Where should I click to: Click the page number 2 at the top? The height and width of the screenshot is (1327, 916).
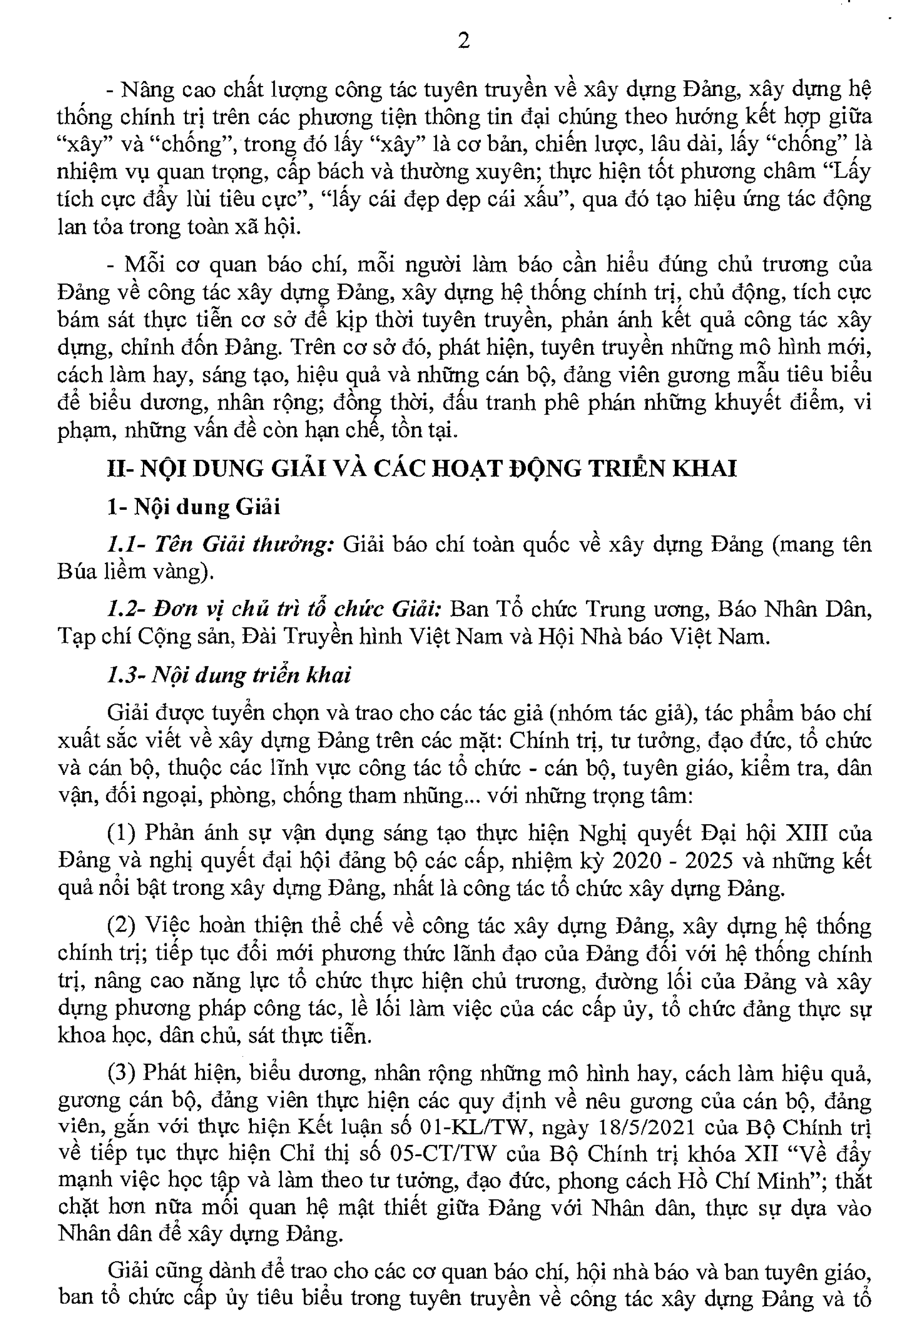coord(464,41)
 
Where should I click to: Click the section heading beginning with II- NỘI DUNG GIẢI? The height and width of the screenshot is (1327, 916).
coord(422,469)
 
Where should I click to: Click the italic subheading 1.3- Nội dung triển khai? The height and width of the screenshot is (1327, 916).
coord(229,675)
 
